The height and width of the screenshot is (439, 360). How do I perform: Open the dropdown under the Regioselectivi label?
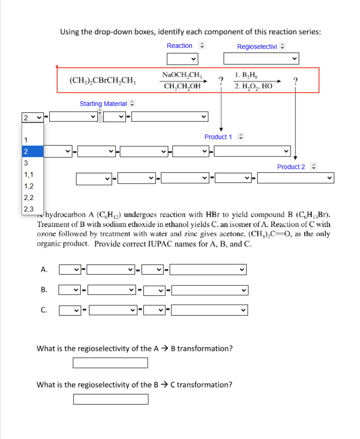261,58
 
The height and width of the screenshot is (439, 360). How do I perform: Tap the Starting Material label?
103,103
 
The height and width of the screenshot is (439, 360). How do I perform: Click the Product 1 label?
218,137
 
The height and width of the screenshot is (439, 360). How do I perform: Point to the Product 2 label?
291,167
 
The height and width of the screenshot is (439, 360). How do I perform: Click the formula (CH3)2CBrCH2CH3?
102,80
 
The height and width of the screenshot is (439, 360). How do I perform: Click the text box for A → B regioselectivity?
110,362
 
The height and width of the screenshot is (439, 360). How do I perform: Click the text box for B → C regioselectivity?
110,399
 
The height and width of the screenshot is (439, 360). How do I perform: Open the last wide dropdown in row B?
210,289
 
